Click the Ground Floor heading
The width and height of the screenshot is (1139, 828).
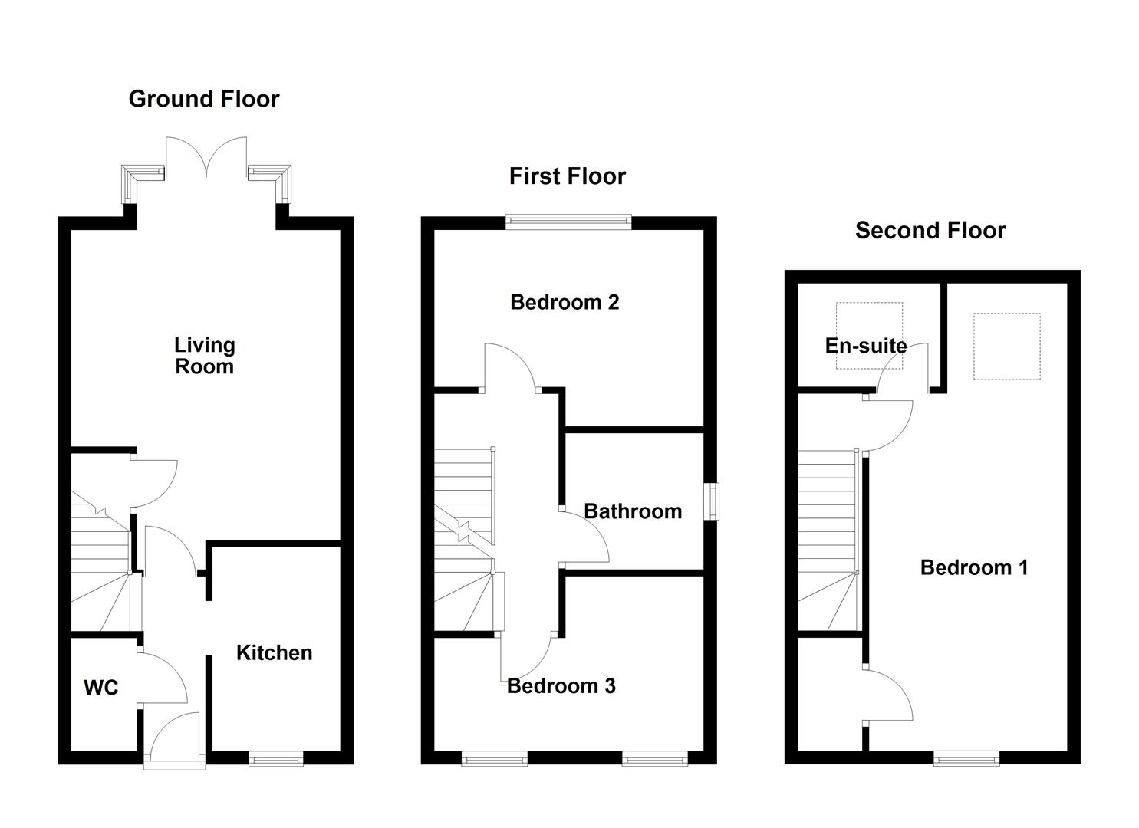pos(204,99)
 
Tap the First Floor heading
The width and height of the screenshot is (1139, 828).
pos(568,176)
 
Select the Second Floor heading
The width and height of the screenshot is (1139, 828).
pos(930,230)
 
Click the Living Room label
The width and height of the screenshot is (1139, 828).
pos(204,356)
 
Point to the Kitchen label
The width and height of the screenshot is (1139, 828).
pos(274,652)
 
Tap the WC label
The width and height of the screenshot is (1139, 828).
pos(100,688)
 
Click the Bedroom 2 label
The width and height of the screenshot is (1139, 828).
pos(565,302)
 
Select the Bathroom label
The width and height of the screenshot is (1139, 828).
pos(633,511)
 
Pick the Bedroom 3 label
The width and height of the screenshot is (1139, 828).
pos(561,685)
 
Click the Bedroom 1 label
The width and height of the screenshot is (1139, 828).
pos(974,567)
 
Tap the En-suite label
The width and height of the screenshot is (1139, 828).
pos(866,346)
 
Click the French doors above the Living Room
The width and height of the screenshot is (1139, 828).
pos(206,157)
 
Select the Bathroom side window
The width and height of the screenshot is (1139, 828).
pos(713,501)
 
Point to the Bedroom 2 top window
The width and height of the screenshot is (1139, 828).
pos(568,222)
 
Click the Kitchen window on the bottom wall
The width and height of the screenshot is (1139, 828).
pos(275,758)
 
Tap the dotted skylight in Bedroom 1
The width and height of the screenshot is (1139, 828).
pos(1007,346)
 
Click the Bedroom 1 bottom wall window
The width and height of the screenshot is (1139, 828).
pos(966,758)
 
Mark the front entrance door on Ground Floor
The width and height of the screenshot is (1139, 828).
pos(175,740)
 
